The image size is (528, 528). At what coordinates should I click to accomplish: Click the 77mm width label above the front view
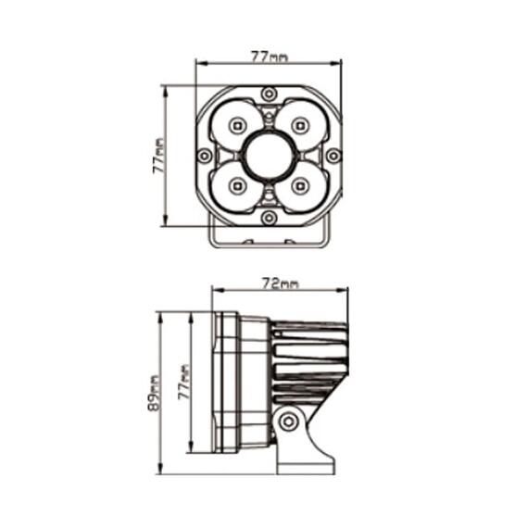tap(270, 57)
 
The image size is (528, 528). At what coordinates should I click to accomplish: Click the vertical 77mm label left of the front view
tap(158, 156)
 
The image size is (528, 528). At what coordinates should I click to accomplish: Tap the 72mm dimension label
tap(280, 283)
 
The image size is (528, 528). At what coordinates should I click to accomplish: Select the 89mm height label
tap(153, 394)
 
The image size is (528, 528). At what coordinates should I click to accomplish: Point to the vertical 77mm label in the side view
tap(183, 382)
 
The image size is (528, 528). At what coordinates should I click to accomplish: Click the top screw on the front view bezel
tap(269, 94)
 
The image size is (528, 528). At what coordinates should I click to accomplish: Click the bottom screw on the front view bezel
tap(269, 218)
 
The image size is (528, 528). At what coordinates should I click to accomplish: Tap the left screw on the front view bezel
tap(204, 156)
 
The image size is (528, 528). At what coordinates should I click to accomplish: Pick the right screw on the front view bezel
tap(333, 156)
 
